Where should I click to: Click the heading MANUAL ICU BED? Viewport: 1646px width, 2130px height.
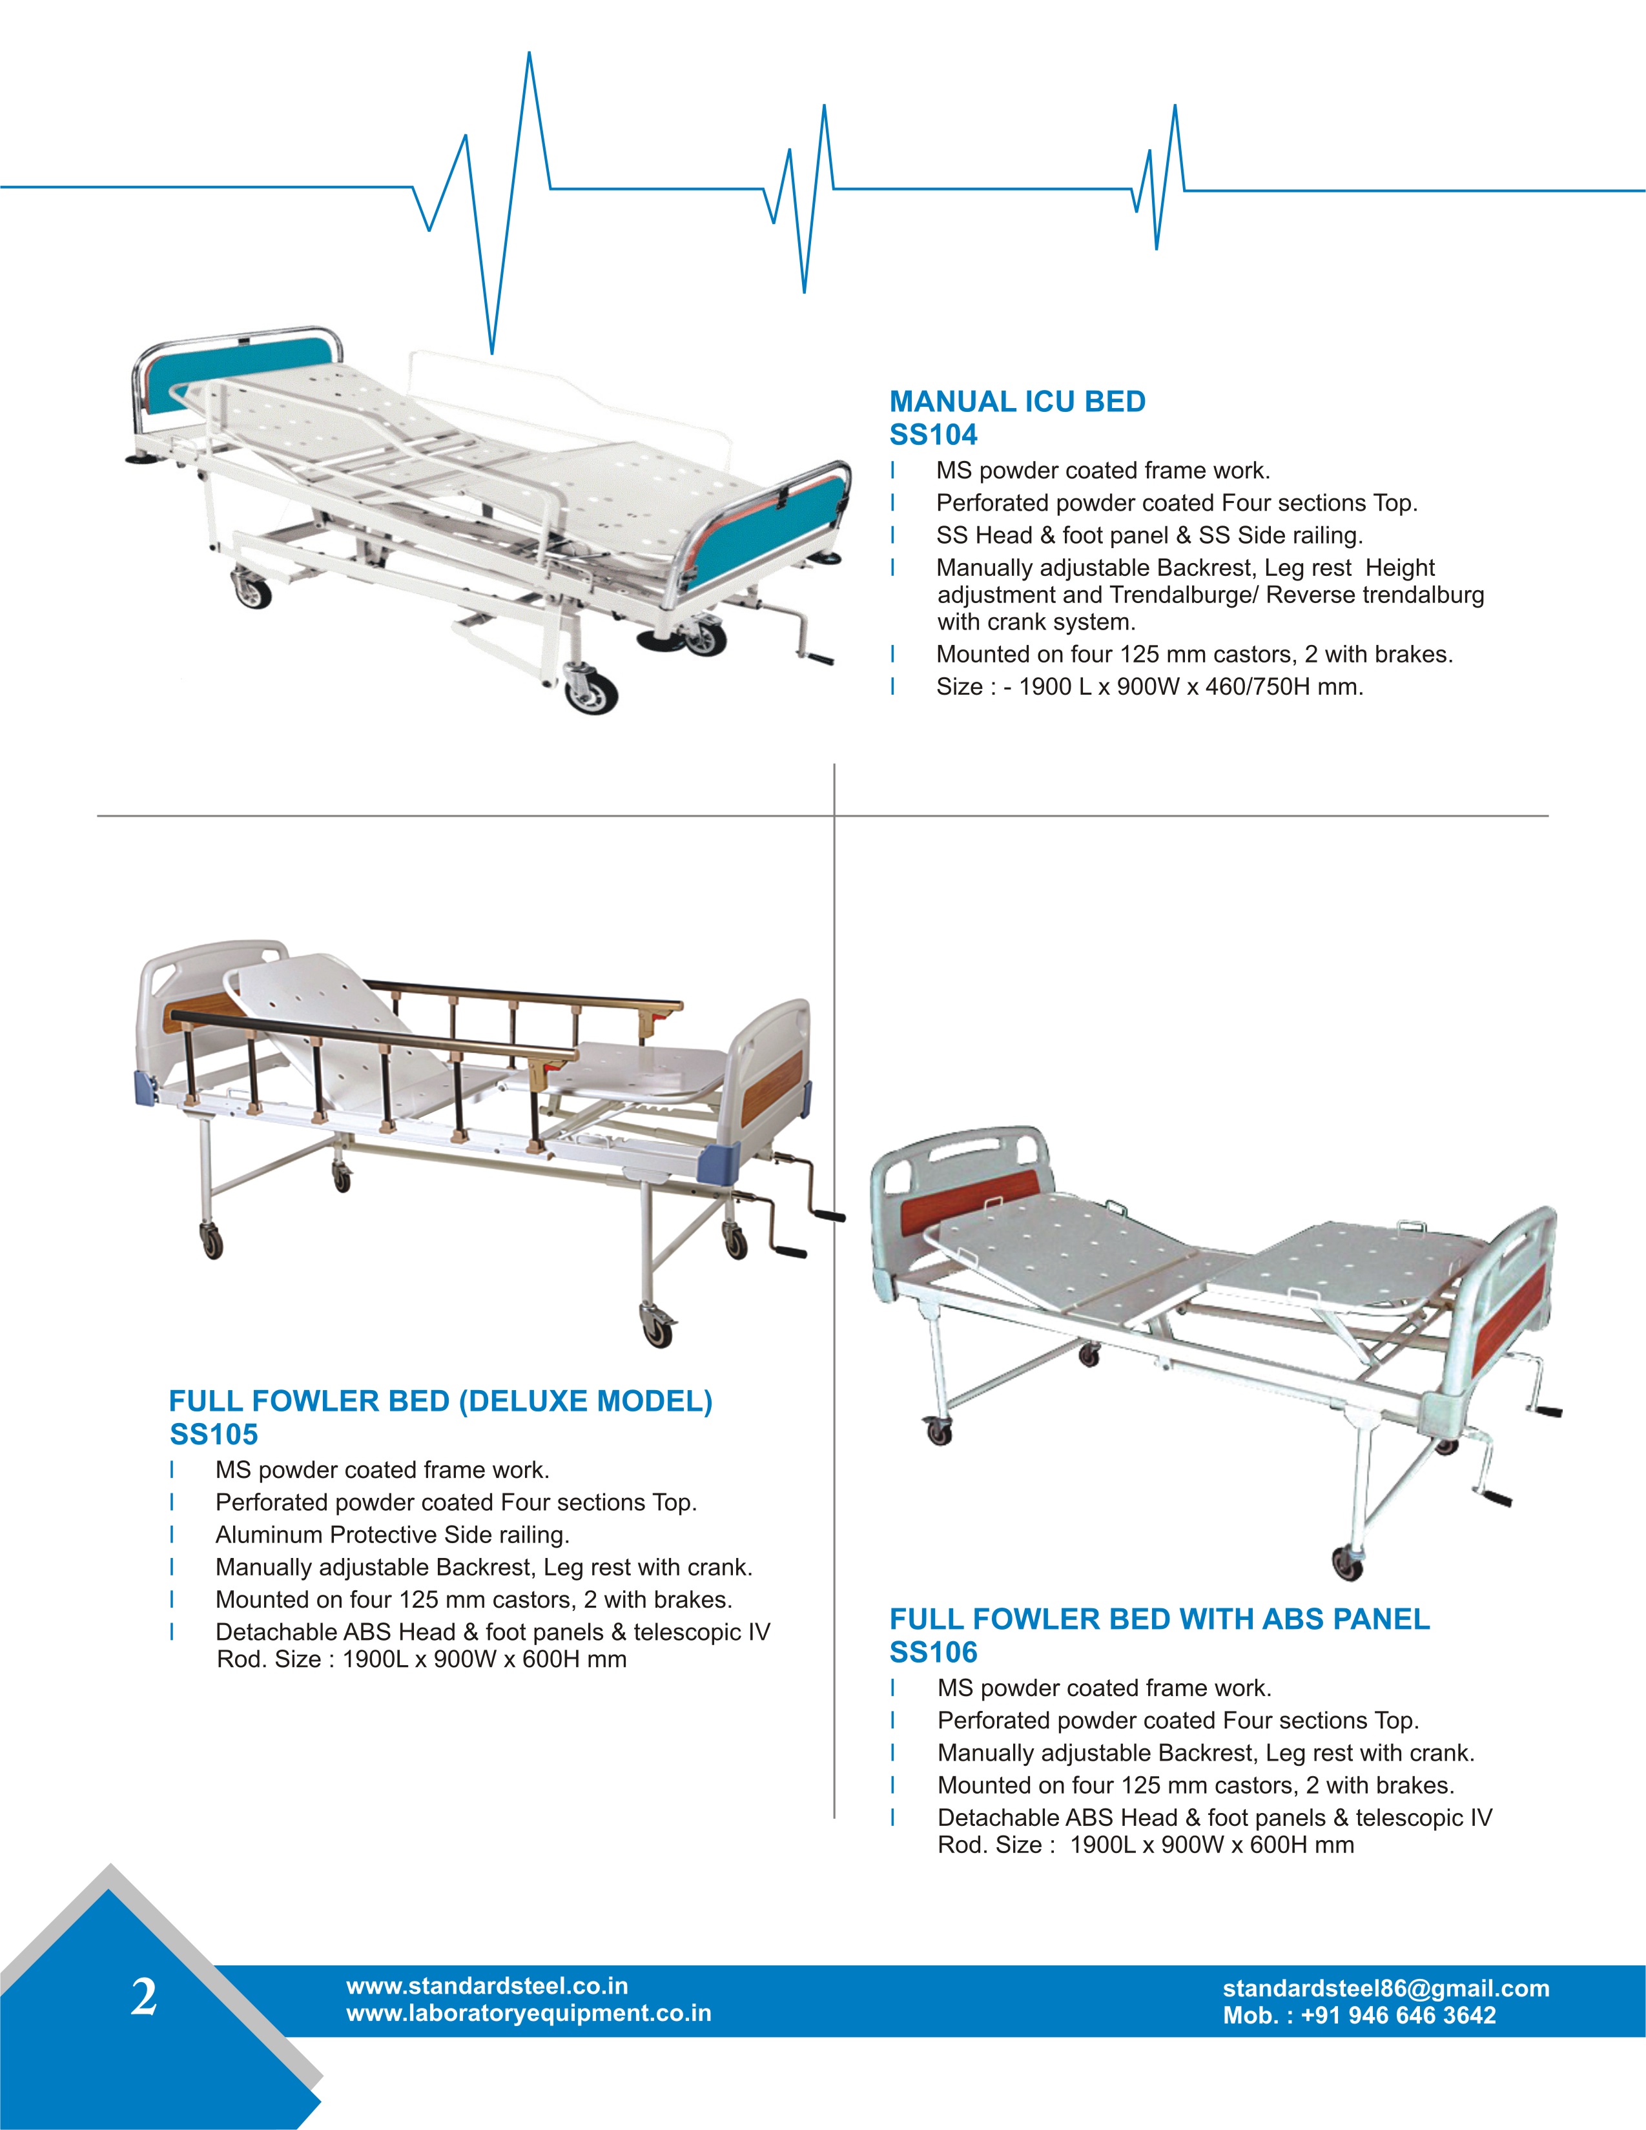tap(1016, 402)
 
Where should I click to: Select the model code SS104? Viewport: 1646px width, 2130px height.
tap(932, 435)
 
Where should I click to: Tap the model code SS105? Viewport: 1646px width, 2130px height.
tap(214, 1435)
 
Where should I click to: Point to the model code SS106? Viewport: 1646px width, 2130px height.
tap(932, 1652)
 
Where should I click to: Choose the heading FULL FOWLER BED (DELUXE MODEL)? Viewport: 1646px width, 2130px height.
tap(440, 1402)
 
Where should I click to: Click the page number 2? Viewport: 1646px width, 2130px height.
tap(143, 1996)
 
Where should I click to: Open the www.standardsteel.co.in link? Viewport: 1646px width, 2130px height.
tap(487, 1985)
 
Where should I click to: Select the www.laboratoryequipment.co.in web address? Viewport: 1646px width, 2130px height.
tap(528, 2013)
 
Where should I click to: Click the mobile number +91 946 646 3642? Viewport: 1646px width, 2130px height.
tap(1397, 2016)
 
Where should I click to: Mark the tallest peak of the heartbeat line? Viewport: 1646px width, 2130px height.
tap(529, 55)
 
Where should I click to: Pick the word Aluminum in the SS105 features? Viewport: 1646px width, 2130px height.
tap(269, 1535)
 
